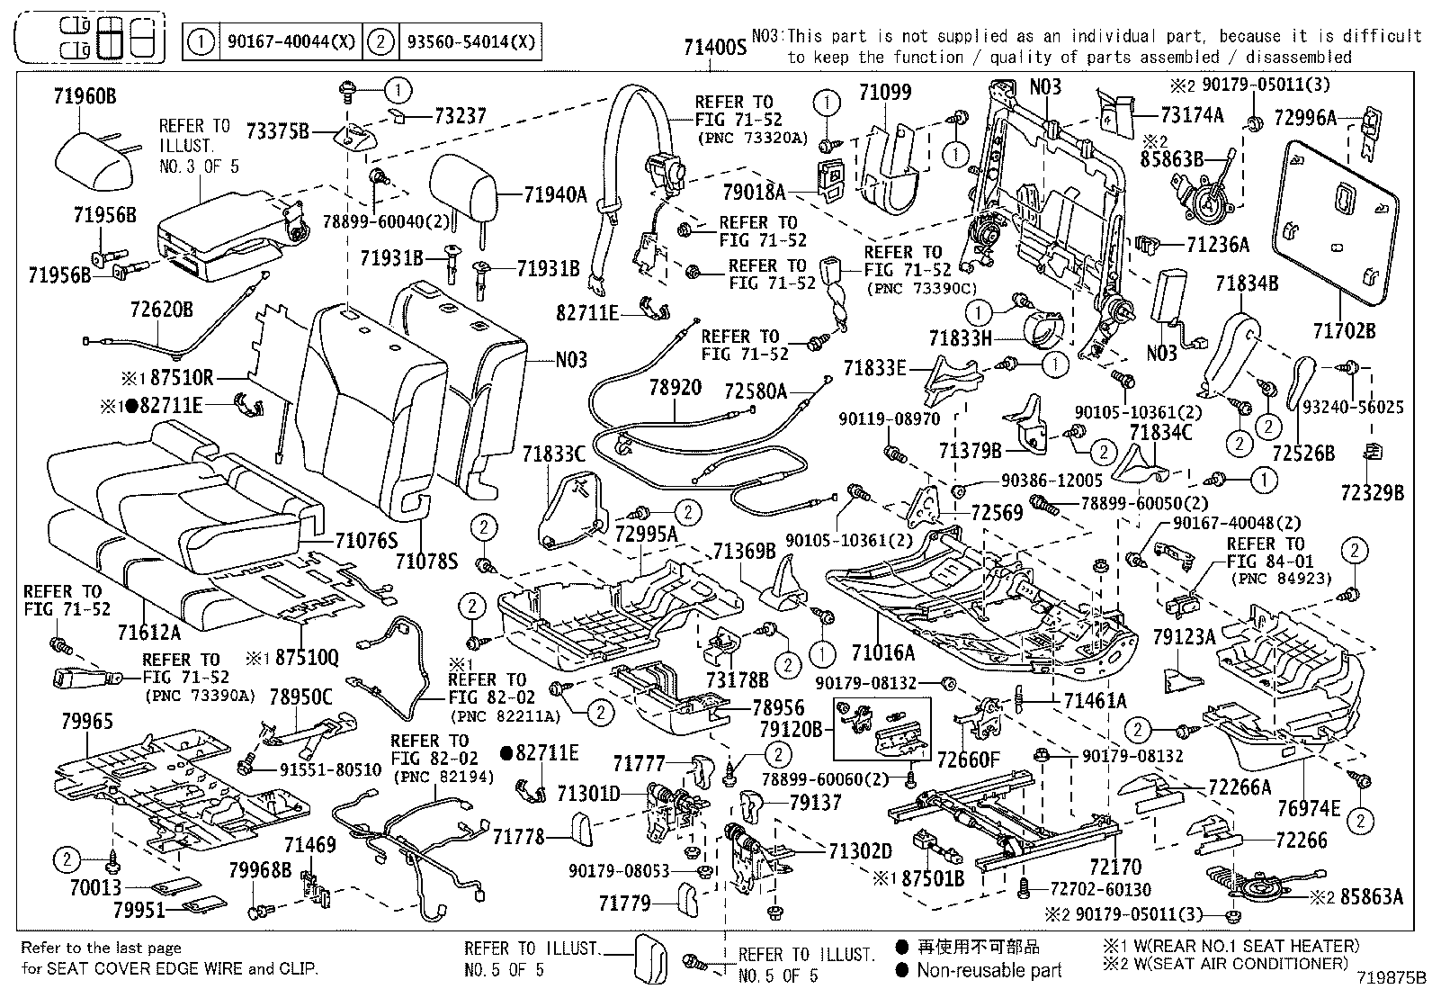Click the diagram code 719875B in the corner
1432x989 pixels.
pyautogui.click(x=1392, y=976)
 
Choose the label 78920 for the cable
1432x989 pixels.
pyautogui.click(x=675, y=388)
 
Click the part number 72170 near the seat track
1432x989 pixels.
pyautogui.click(x=1114, y=867)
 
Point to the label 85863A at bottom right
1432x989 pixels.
pyautogui.click(x=1371, y=896)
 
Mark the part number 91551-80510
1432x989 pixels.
pyautogui.click(x=317, y=770)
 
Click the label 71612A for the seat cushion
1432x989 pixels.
pyautogui.click(x=148, y=633)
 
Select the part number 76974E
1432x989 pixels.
pyautogui.click(x=1308, y=809)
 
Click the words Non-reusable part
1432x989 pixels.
pyautogui.click(x=989, y=970)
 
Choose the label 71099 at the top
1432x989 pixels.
pyautogui.click(x=884, y=92)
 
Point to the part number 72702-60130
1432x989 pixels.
pyautogui.click(x=1100, y=889)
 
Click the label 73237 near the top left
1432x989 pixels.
pyautogui.click(x=460, y=115)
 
